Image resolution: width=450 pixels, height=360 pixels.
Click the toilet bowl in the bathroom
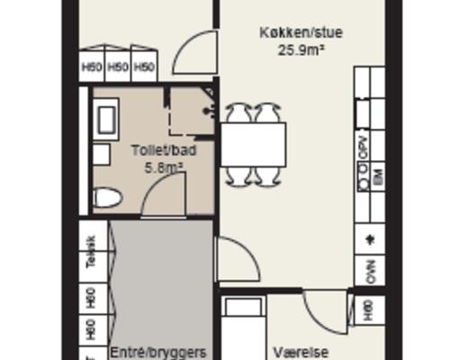click(107, 197)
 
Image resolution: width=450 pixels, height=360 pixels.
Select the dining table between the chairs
click(253, 144)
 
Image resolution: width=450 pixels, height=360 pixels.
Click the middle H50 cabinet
click(118, 67)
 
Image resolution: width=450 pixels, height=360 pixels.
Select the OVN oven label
click(371, 268)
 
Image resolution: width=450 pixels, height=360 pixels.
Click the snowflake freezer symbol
click(370, 238)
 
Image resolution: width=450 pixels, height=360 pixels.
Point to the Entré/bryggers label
click(158, 351)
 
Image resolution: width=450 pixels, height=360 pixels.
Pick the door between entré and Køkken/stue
click(237, 258)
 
